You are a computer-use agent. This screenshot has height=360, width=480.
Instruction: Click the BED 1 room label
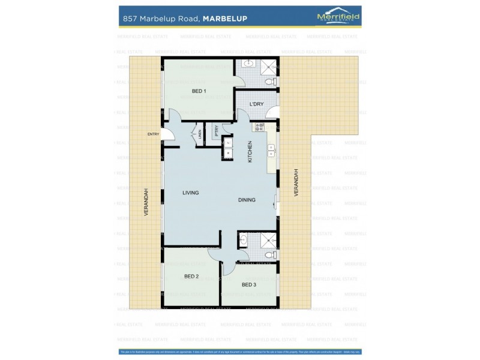199,91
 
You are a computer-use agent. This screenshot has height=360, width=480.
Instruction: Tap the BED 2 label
191,277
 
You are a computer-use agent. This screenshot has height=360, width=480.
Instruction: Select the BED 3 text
249,284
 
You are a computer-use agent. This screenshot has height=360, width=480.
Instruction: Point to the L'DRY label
256,104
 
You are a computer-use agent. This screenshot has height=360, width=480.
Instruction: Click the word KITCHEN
250,152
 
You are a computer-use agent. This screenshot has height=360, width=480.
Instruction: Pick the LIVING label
191,193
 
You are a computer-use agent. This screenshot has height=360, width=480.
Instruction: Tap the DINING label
247,200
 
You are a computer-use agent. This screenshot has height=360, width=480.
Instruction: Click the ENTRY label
154,134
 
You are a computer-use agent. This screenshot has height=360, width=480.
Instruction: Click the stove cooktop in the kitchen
260,127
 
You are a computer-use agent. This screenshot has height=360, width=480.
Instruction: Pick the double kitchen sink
271,150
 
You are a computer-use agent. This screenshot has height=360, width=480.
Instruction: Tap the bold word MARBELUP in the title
225,19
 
